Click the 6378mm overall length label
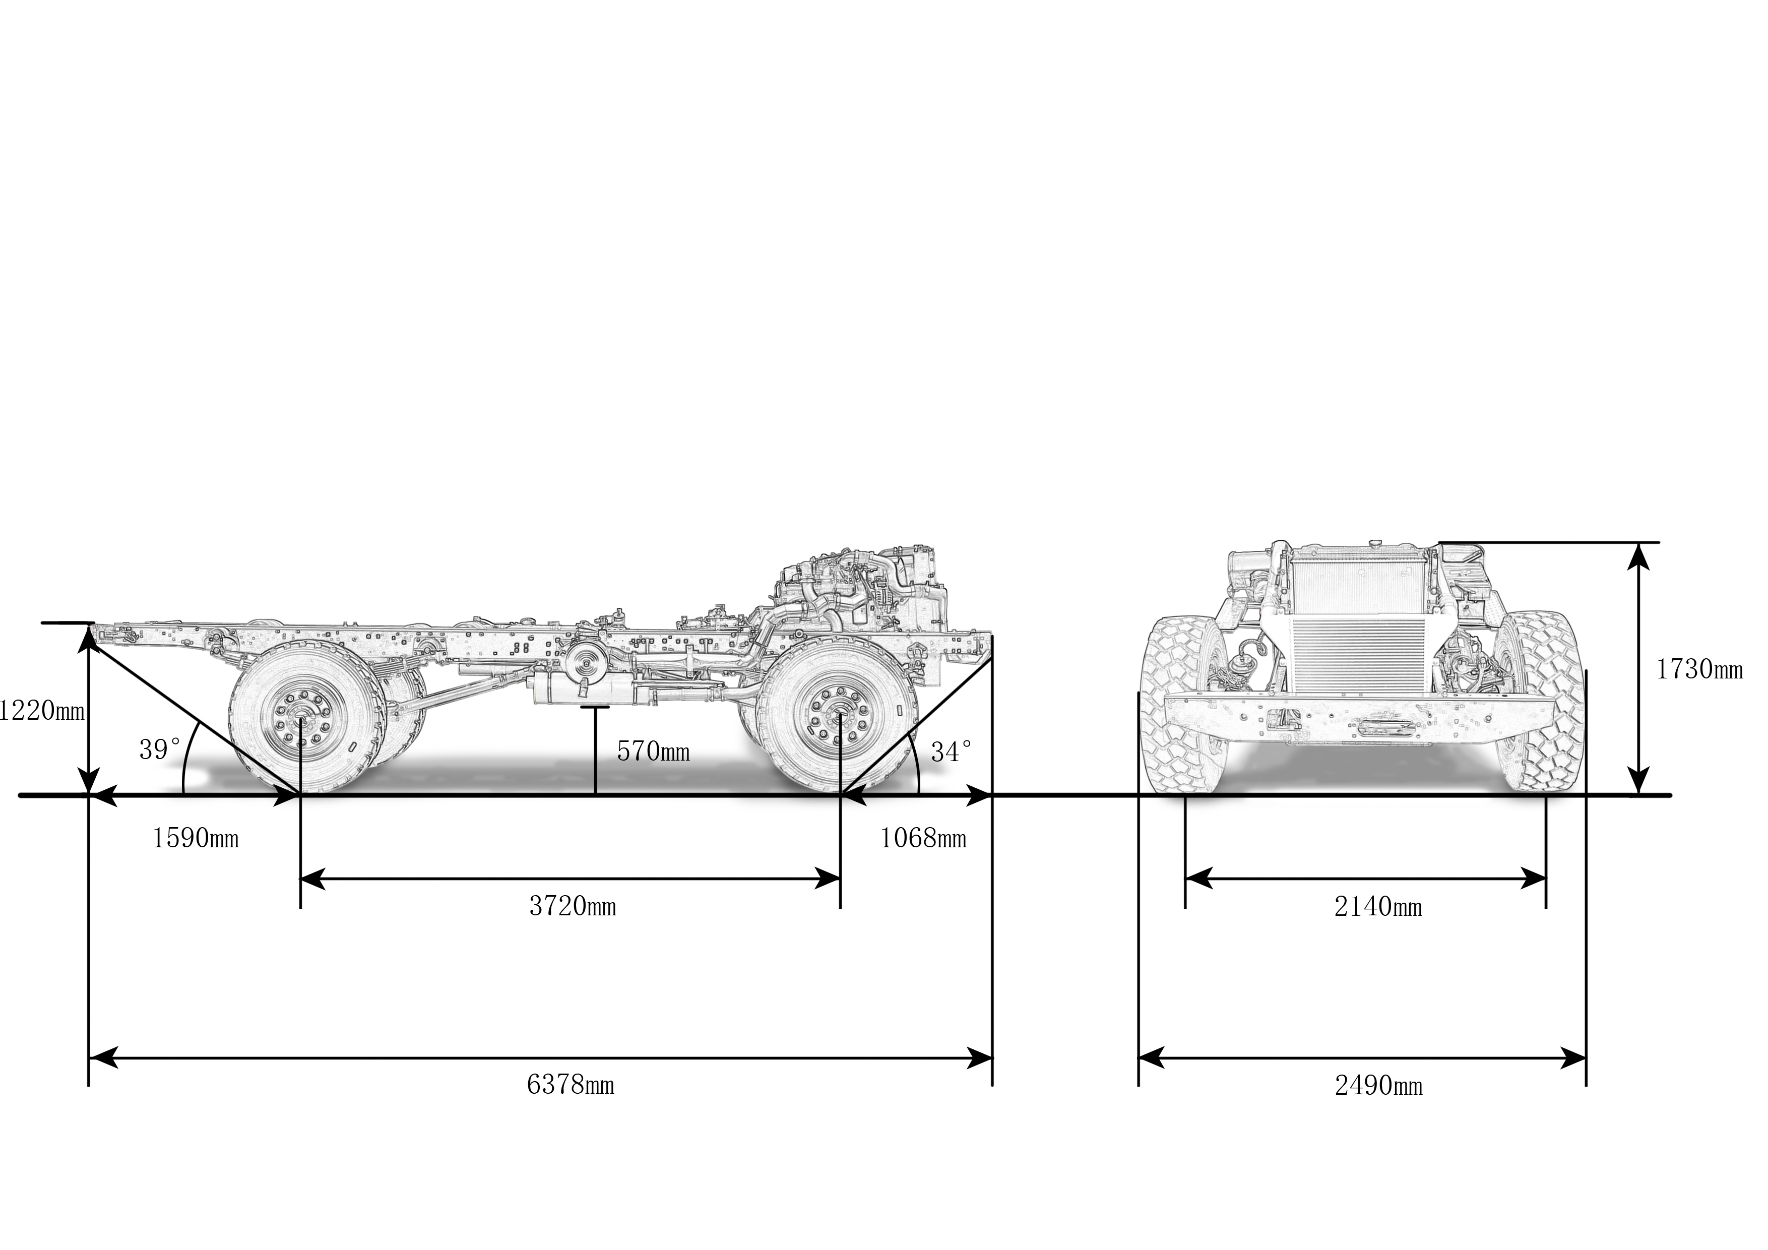pyautogui.click(x=571, y=1085)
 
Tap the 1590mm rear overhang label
pyautogui.click(x=196, y=838)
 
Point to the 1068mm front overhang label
pyautogui.click(x=922, y=838)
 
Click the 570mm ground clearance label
pyautogui.click(x=653, y=751)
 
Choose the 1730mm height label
pyautogui.click(x=1698, y=669)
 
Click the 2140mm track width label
pyautogui.click(x=1377, y=907)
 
